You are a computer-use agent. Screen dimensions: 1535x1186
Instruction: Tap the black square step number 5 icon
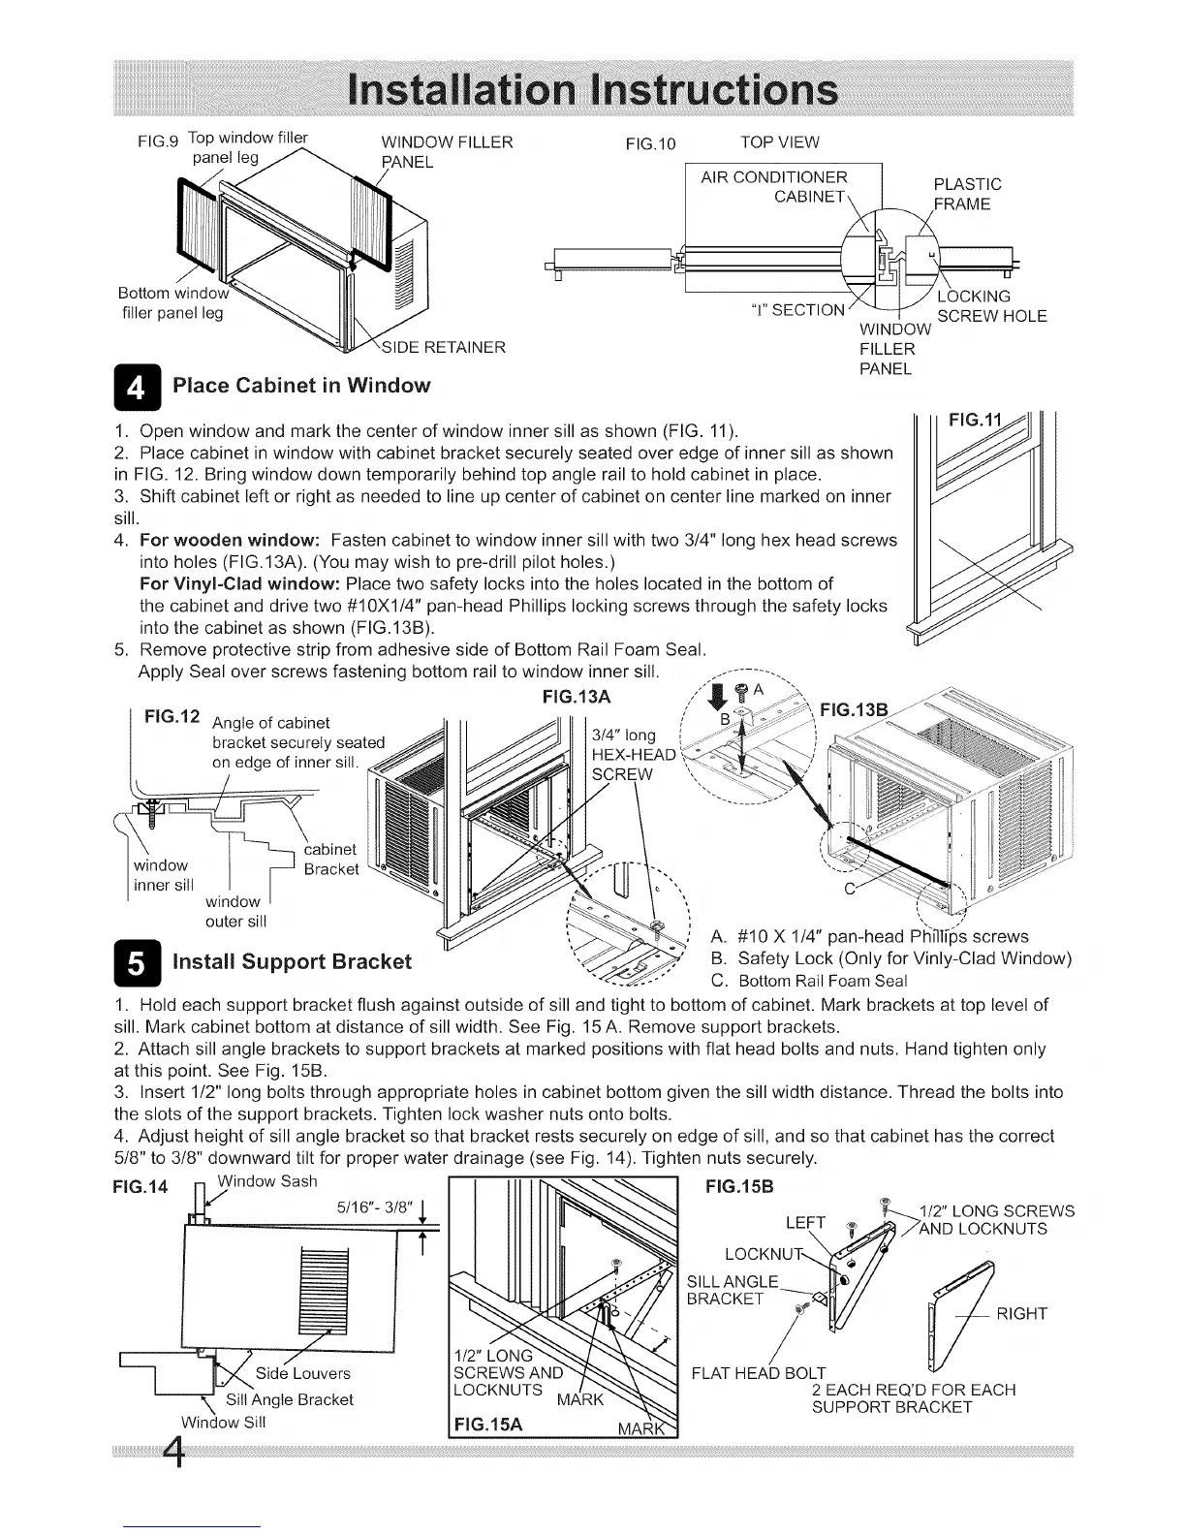[139, 961]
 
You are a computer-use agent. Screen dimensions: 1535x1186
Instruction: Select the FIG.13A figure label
[577, 697]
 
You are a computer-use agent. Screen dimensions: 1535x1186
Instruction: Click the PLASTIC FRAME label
[966, 194]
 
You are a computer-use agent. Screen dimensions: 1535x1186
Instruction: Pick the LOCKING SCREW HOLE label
[990, 305]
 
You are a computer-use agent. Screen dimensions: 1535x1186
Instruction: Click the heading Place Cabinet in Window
[301, 386]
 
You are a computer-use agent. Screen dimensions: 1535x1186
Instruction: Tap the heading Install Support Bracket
[292, 961]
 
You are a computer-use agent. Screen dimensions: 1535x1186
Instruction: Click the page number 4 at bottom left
[174, 1451]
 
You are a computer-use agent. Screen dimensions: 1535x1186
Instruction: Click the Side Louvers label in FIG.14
[303, 1373]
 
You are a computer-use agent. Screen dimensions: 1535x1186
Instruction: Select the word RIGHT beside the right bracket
[1021, 1314]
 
